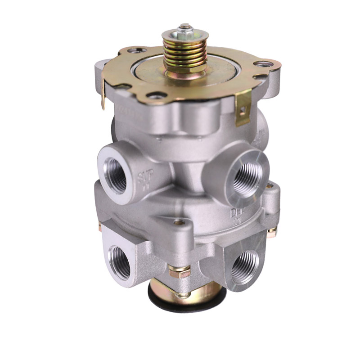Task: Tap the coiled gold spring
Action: tap(184, 52)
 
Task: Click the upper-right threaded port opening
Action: tap(246, 173)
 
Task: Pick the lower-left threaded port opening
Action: tap(120, 261)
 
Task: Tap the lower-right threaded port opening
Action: tap(246, 266)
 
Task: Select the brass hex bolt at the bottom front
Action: tap(180, 272)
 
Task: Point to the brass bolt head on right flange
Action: tap(271, 230)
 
